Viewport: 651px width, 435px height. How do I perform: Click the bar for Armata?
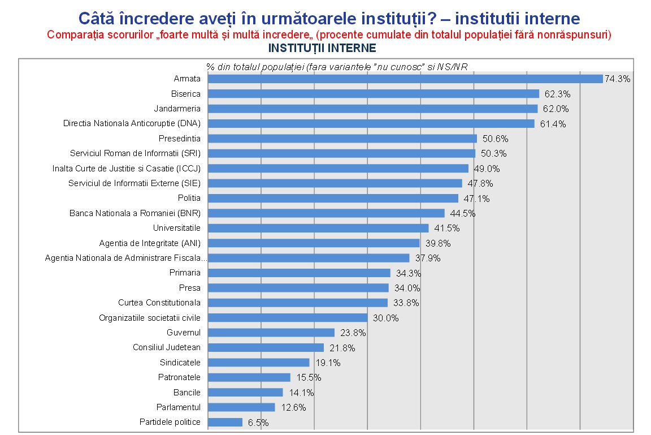pos(405,79)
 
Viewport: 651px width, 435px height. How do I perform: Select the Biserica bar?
pos(374,93)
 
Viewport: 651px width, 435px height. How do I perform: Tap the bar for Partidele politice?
pos(225,422)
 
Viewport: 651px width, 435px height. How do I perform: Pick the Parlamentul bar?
pos(241,407)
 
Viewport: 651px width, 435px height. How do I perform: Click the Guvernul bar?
pos(271,333)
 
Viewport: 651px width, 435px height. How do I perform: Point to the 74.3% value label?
pos(617,79)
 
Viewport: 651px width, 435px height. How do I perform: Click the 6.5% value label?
pos(258,423)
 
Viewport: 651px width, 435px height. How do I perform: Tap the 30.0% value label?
pos(385,318)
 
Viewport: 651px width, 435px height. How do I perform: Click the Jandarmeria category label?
pos(177,108)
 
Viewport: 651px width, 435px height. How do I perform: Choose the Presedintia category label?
pos(180,138)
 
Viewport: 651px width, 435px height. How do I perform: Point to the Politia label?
pos(189,198)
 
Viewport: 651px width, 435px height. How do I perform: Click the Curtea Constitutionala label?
pos(159,303)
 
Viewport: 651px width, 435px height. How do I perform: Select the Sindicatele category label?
pos(180,362)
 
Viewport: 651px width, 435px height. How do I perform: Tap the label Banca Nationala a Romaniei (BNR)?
pos(135,213)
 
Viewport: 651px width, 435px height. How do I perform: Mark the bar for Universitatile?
pos(318,228)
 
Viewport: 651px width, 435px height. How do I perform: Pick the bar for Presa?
pos(298,288)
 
